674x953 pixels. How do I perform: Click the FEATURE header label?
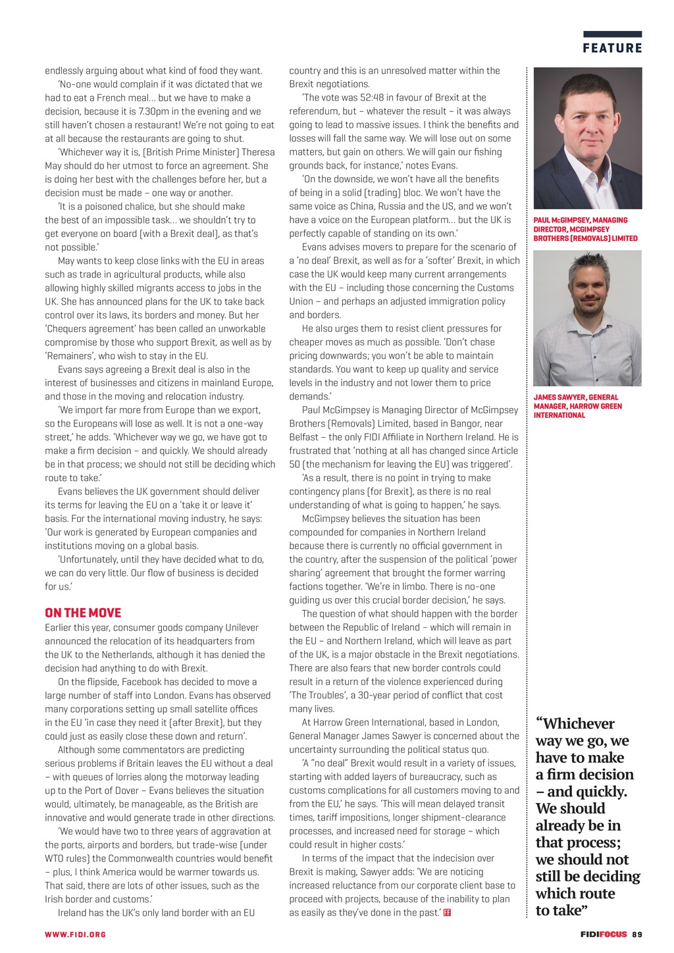pos(612,48)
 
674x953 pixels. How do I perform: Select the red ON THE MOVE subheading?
pos(83,613)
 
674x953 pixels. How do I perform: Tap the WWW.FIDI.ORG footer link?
pos(75,934)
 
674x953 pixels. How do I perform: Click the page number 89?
pos(637,934)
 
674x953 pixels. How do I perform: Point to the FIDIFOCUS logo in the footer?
pos(604,934)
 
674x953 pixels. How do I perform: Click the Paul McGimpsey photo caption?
pos(584,229)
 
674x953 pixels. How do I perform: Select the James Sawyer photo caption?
pos(577,406)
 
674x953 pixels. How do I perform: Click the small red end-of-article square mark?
pos(448,913)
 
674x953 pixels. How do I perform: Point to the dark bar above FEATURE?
pos(612,34)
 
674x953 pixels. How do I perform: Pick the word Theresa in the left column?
pos(258,152)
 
